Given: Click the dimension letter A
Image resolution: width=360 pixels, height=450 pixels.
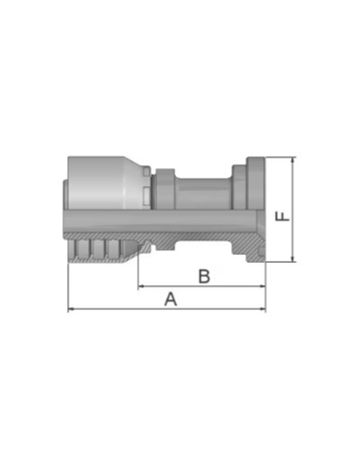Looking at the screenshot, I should [x=170, y=299].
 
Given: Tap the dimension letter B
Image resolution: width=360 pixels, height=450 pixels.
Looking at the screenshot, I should [x=204, y=276].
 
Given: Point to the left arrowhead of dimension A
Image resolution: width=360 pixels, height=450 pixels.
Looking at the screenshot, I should [x=72, y=310].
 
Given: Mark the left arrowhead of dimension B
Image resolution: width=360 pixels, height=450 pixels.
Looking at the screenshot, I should [x=141, y=287].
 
